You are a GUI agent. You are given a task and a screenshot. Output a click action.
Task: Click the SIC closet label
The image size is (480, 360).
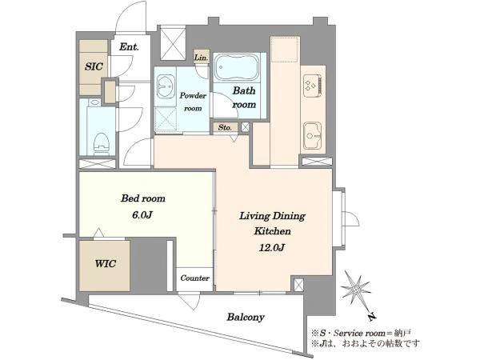(94, 66)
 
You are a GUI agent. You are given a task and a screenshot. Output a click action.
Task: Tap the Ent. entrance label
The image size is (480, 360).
(129, 47)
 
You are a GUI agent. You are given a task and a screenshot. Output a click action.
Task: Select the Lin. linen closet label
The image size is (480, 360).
(202, 58)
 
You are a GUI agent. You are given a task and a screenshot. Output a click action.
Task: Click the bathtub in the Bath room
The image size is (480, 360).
(236, 68)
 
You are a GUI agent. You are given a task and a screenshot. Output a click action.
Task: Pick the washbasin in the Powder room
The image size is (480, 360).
(166, 86)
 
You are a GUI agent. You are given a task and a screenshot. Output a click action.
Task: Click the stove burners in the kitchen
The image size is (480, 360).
(312, 85)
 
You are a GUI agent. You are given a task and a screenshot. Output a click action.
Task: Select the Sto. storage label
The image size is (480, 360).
(225, 127)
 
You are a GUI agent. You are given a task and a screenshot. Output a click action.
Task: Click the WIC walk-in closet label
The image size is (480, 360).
(106, 263)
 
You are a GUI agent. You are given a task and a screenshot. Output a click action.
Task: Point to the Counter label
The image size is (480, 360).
(194, 278)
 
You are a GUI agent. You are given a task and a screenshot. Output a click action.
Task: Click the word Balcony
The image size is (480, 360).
(246, 317)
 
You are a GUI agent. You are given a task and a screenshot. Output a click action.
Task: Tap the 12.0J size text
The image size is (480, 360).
(272, 247)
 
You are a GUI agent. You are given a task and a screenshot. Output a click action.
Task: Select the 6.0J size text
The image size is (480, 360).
(142, 215)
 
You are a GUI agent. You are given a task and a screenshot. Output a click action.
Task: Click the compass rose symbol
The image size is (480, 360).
(356, 288)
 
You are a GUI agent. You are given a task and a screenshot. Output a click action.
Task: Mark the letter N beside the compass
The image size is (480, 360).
(372, 317)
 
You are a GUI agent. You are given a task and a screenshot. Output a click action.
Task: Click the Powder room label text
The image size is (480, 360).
(193, 102)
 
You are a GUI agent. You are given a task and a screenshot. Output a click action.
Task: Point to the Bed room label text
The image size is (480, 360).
(143, 198)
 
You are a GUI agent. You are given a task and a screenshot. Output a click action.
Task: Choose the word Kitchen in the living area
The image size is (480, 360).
(272, 231)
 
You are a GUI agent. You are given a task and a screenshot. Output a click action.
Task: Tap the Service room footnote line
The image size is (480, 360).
(362, 333)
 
